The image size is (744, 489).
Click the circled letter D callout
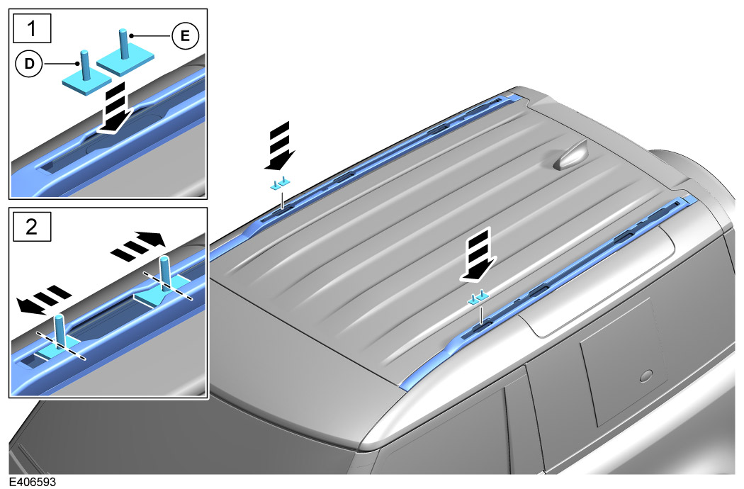[x=30, y=64]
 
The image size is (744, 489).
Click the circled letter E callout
[x=185, y=35]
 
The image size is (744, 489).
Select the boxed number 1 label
[x=32, y=28]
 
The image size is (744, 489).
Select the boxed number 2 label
[x=32, y=227]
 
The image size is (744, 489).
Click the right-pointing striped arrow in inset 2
[x=139, y=244]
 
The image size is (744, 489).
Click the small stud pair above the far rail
[x=280, y=184]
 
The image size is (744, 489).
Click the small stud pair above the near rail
[x=478, y=296]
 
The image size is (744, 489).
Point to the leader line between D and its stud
[x=60, y=64]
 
